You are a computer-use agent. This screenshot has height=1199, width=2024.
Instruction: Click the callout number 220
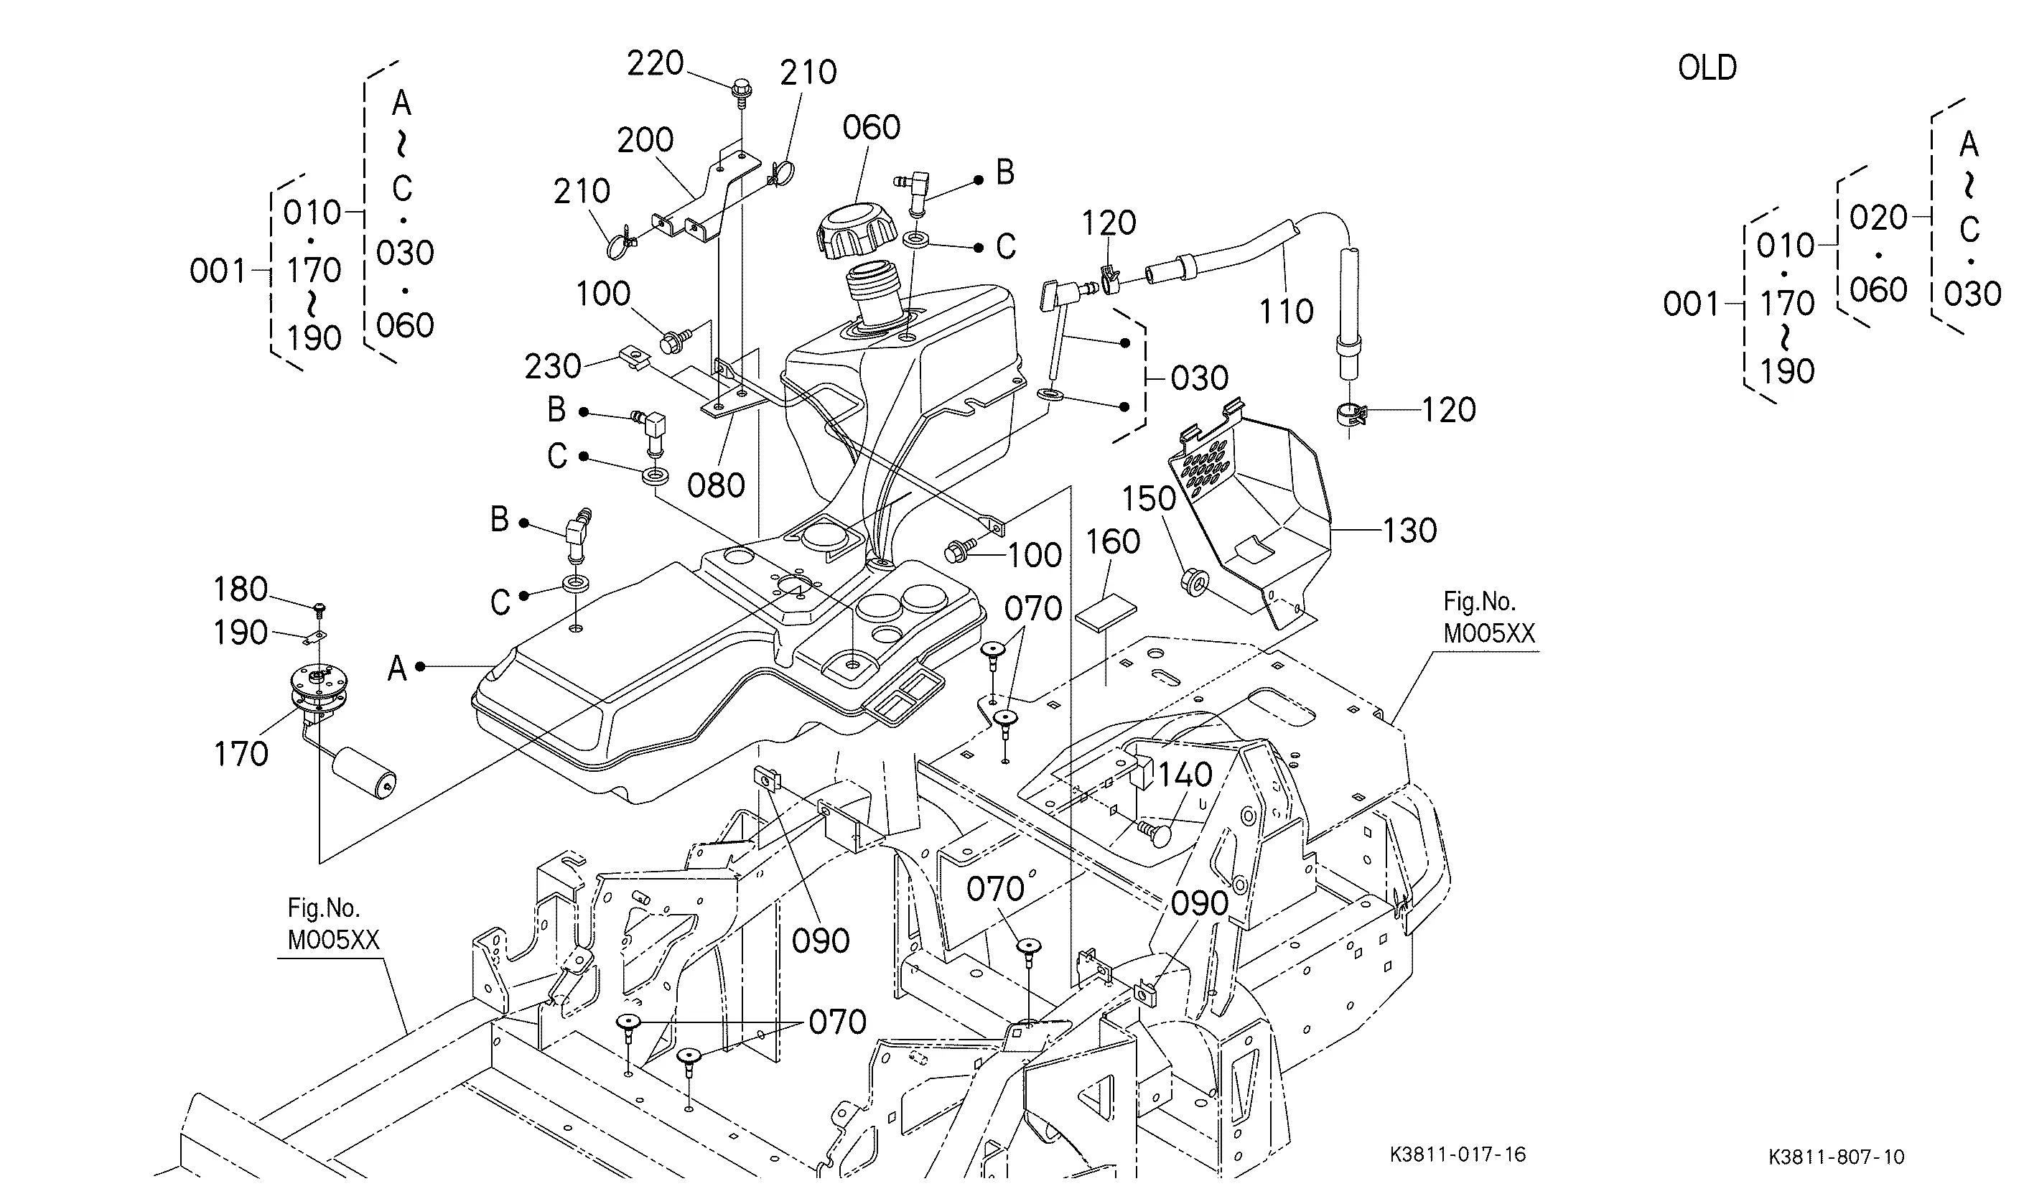tap(656, 63)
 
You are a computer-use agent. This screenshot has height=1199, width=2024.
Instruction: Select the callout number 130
tap(1410, 531)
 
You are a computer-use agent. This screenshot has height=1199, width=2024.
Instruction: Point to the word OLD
tap(1707, 68)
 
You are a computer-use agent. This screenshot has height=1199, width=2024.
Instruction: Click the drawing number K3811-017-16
tap(1458, 1154)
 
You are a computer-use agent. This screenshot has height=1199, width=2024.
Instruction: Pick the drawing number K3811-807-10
tap(1837, 1157)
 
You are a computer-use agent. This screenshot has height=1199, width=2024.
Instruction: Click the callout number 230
tap(553, 367)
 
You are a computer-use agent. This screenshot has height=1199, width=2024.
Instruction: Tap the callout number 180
tap(240, 589)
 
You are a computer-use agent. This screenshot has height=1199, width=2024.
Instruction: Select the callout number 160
tap(1113, 541)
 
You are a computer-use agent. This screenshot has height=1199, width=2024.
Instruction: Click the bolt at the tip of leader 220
tap(741, 90)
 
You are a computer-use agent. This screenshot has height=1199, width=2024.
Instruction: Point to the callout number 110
tap(1287, 311)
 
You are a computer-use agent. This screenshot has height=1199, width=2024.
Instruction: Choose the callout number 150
tap(1148, 498)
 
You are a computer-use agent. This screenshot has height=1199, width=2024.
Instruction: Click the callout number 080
tap(716, 485)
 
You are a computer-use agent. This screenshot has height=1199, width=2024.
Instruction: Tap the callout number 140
tap(1185, 775)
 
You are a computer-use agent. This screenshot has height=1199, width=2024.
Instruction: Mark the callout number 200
tap(645, 140)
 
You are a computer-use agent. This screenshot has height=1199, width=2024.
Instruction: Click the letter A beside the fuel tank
tap(397, 668)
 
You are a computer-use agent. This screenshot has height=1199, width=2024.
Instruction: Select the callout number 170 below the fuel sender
tap(240, 754)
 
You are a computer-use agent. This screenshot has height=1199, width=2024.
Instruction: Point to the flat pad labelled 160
tap(1105, 611)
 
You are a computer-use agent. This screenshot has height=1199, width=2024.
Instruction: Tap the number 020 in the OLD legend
tap(1878, 218)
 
